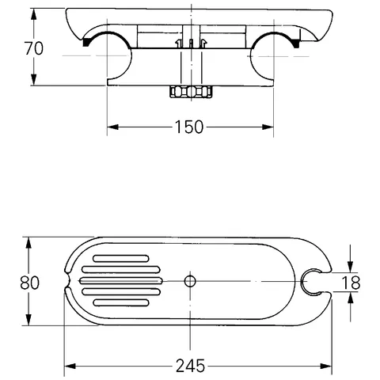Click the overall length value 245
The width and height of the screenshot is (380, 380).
coord(190,365)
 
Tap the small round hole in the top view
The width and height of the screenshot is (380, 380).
coord(189,281)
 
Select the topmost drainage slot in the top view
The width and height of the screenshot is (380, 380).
coord(120,258)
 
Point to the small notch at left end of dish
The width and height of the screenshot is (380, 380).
coord(70,281)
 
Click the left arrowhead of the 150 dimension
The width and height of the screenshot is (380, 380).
coord(112,127)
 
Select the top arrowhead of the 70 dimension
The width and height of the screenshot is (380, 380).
coord(33,12)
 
